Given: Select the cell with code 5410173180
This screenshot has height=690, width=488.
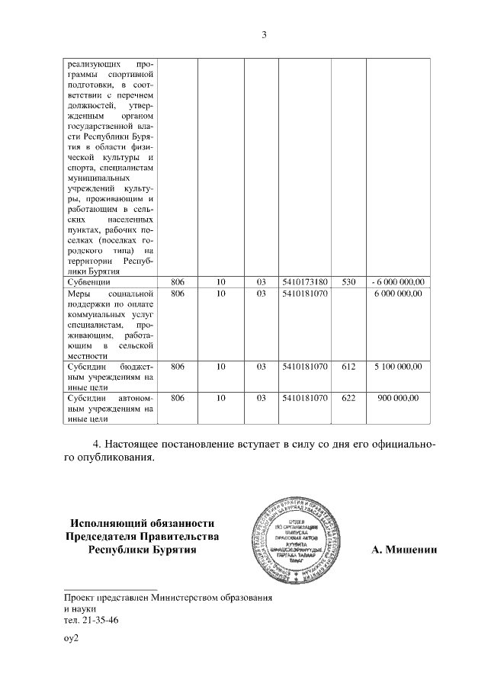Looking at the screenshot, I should [x=304, y=282].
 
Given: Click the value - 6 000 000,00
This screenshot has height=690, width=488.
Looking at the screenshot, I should [x=399, y=282].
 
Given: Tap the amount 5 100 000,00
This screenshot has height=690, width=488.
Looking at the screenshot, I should [x=399, y=367].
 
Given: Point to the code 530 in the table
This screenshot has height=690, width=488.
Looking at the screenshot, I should [x=349, y=282].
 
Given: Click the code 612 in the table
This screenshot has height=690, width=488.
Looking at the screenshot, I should [x=349, y=367].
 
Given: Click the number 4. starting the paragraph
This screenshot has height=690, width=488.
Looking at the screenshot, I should [x=97, y=444].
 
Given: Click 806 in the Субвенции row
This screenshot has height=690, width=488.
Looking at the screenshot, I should [x=178, y=282].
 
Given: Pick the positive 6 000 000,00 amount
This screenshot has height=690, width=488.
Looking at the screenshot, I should [x=399, y=294].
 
